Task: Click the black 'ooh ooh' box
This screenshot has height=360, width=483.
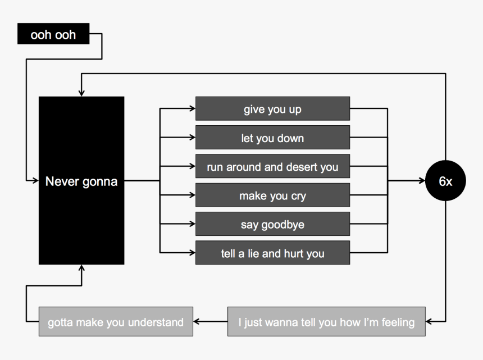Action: click(53, 34)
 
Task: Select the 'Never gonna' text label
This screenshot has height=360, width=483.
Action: click(81, 181)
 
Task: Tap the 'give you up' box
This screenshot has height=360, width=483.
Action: click(272, 109)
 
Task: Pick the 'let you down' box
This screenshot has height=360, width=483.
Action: click(272, 138)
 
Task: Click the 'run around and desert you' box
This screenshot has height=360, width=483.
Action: click(272, 167)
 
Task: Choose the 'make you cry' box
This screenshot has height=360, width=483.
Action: click(272, 196)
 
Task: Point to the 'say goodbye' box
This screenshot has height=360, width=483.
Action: click(272, 225)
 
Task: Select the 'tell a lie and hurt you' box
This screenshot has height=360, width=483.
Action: click(272, 253)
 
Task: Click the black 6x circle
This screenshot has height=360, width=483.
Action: click(445, 181)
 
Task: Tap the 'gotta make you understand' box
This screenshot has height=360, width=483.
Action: click(116, 322)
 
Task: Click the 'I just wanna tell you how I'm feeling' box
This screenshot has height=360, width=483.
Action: click(326, 322)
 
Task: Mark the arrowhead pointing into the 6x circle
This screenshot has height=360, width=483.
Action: click(422, 181)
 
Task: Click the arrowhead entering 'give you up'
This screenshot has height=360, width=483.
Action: click(192, 109)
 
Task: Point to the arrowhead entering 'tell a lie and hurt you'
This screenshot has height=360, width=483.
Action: click(192, 253)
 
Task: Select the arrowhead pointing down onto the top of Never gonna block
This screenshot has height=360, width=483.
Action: click(82, 93)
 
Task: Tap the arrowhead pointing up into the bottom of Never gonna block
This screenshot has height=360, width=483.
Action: click(82, 268)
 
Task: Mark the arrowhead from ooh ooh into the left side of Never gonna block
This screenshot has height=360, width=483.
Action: click(35, 181)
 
